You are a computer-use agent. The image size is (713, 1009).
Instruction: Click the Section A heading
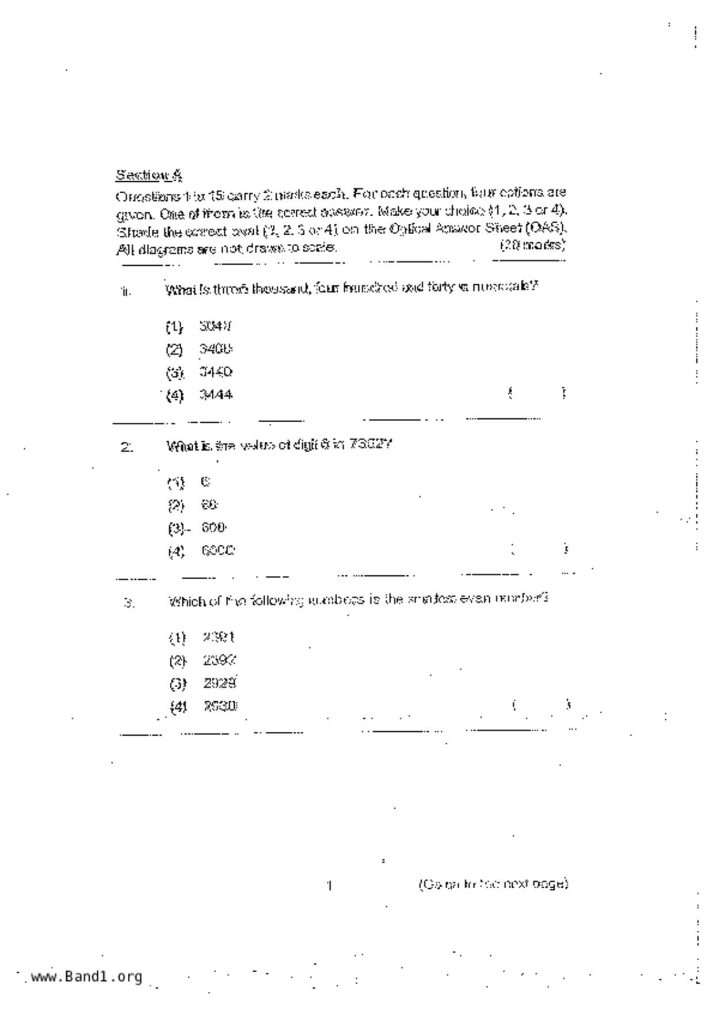pos(149,174)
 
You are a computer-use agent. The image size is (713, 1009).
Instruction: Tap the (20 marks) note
pos(533,245)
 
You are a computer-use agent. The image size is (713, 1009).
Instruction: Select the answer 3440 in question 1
pos(216,372)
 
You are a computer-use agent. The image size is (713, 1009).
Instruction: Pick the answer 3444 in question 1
pos(216,395)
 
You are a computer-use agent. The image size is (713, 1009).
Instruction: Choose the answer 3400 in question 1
pos(216,349)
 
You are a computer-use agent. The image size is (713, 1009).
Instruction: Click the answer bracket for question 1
pos(537,393)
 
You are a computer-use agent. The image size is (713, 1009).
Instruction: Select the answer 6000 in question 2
pos(218,551)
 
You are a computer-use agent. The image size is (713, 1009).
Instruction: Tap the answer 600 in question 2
pos(214,528)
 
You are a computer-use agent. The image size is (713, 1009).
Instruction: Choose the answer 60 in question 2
pos(209,504)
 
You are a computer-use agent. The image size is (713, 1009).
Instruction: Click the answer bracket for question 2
pos(539,549)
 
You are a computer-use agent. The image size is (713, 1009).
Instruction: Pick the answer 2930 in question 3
pos(220,706)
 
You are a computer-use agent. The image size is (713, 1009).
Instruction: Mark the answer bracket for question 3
pos(541,705)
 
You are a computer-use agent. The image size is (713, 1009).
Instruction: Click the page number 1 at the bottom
pos(329,885)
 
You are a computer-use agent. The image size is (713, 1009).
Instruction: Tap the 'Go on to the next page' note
pos(493,884)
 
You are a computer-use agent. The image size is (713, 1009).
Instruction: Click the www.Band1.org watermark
pos(86,976)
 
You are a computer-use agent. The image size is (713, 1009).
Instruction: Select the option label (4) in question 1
pos(174,396)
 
